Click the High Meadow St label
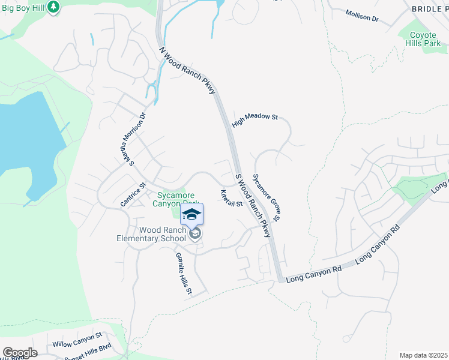coord(255,117)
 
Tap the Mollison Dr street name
coord(363,15)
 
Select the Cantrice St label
coord(133,195)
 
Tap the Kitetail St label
coord(231,197)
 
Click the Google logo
coord(20,353)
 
